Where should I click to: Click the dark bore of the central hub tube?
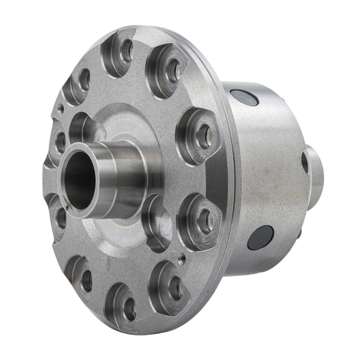pos(81,180)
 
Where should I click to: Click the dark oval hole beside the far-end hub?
pos(305,162)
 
